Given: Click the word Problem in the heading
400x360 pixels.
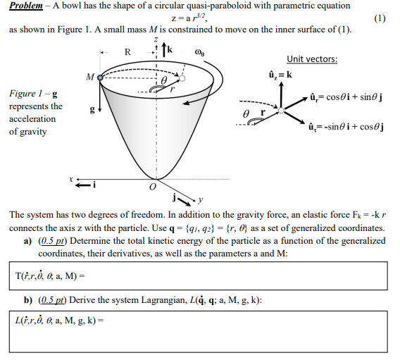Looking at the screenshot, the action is point(27,6).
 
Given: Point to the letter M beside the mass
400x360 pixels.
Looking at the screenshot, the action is point(89,76).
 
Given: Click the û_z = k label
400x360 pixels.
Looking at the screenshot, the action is point(280,74).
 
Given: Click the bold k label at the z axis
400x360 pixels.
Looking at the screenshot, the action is point(170,49).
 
